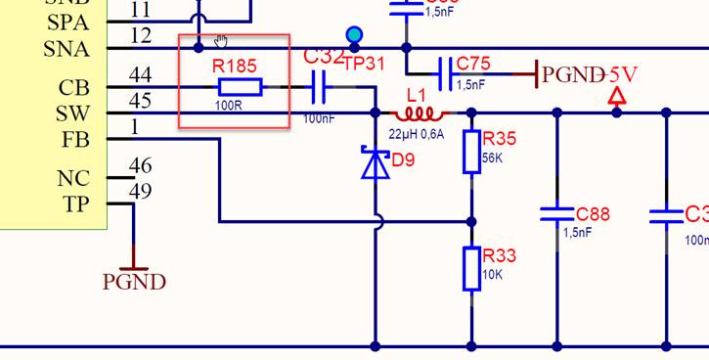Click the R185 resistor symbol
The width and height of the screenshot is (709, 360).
pos(240,88)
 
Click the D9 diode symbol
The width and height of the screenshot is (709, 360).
pos(376,163)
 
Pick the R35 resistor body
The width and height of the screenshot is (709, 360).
pos(471,152)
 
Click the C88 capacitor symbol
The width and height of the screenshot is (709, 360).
pos(557,213)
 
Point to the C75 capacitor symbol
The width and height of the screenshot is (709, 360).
pos(446,72)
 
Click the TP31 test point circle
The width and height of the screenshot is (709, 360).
pos(354,36)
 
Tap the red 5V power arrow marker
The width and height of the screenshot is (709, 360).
pos(617,97)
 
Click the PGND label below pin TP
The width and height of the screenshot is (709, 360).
pos(134,282)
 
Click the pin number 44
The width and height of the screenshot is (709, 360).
pos(140,74)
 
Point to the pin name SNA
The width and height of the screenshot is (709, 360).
pos(66,49)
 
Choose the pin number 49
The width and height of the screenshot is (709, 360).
pos(140,191)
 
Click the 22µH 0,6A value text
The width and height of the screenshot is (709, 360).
pos(417,134)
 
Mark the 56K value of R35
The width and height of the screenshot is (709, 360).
pos(493,158)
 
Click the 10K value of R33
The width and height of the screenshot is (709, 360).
pos(493,275)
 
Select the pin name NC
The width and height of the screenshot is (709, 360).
pos(73,179)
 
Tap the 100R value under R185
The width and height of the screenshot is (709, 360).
pos(228,104)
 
